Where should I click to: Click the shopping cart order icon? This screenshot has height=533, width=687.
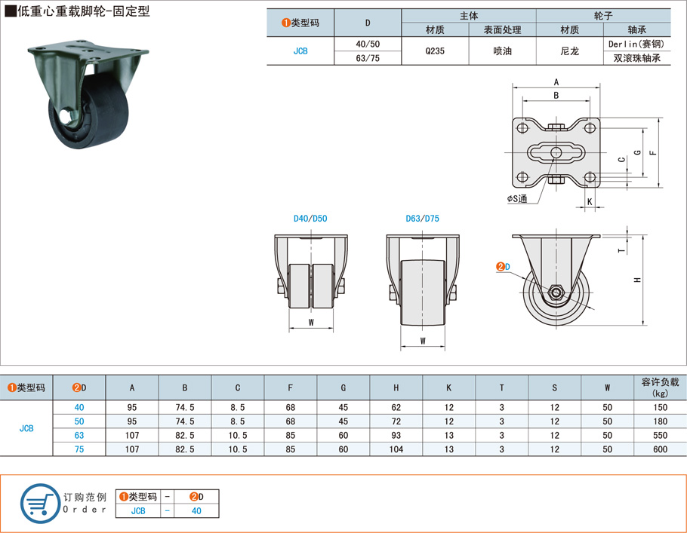coord(40,504)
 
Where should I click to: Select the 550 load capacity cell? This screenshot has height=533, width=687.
coord(660,436)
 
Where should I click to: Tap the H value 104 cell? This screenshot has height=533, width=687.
coord(396,449)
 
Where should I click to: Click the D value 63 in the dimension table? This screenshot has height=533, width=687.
coord(79,436)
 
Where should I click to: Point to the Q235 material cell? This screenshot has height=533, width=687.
coord(435,51)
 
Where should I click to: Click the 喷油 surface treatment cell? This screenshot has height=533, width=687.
coord(502,51)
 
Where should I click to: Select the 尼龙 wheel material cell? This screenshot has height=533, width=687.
coord(569,51)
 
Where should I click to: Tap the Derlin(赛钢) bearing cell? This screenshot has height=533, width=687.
coord(636,44)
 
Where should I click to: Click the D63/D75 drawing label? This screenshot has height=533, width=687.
coord(422,219)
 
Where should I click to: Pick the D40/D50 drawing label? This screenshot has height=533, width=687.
coord(310,219)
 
